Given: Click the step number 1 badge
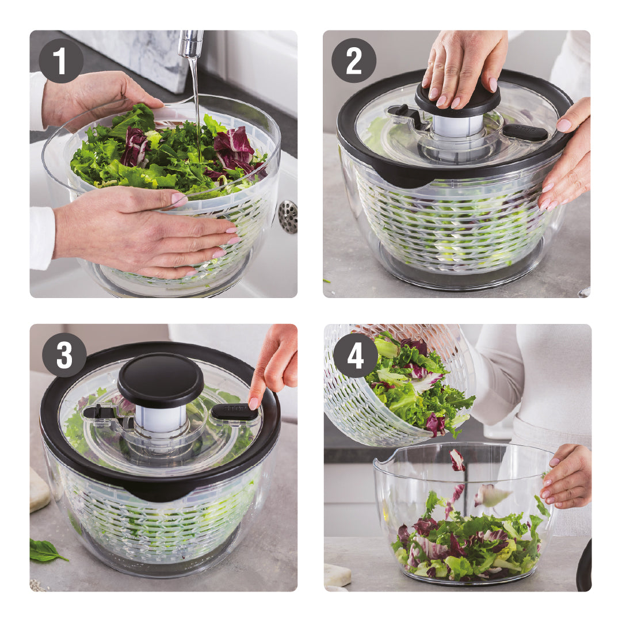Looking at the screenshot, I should click(60, 60).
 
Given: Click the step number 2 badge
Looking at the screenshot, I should click(353, 60).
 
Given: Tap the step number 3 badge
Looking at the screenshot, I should click(64, 354).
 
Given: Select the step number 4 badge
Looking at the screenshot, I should click(356, 355).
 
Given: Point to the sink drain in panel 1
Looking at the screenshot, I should click(288, 216).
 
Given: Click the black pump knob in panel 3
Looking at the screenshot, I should click(161, 380).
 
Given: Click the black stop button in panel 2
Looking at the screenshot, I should click(525, 132).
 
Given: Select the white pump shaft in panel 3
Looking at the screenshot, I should click(161, 418).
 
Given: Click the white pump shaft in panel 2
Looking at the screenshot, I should click(457, 125).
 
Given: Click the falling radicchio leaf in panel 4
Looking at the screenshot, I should click(457, 460).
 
